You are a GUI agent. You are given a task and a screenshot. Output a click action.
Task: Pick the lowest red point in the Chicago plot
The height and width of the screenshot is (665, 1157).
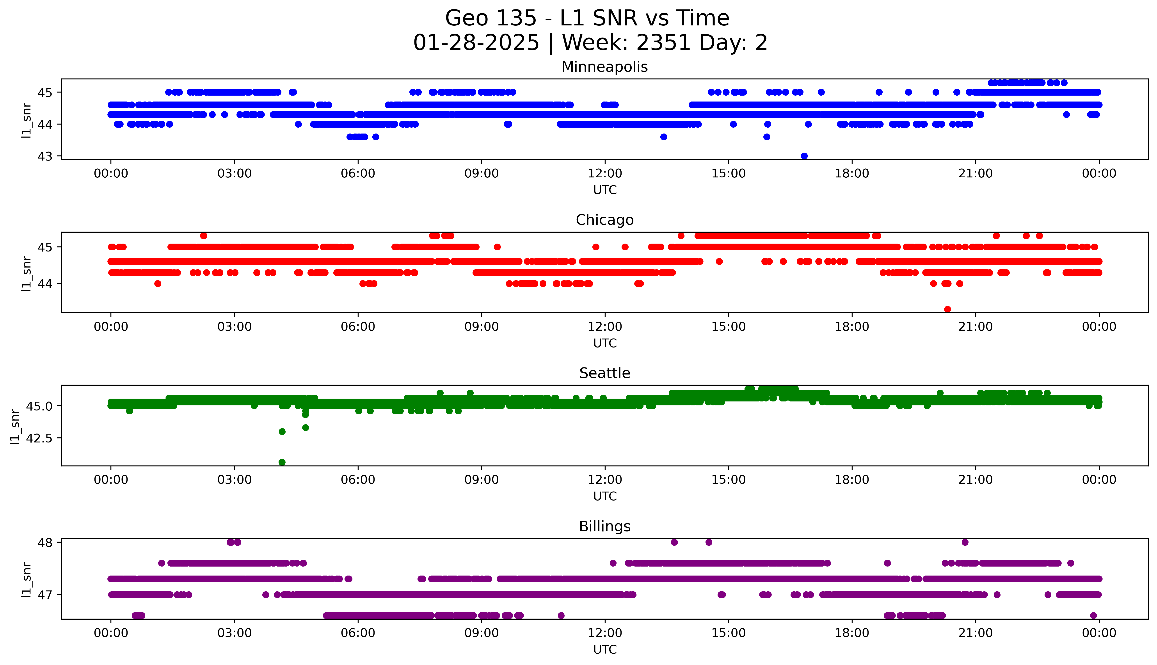pos(947,309)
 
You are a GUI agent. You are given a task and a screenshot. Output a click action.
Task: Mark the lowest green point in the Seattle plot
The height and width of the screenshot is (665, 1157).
pos(282,462)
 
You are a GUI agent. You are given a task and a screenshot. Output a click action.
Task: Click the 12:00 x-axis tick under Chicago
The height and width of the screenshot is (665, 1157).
pos(605,326)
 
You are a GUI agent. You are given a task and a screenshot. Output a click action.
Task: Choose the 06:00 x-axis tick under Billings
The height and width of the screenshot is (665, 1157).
pos(358,633)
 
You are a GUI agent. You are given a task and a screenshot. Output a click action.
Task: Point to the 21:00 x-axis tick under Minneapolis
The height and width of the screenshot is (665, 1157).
pos(975,174)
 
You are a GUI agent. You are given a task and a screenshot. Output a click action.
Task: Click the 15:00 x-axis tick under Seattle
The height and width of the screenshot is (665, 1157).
pos(729,480)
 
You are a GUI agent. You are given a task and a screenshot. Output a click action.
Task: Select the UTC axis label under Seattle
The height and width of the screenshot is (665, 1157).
pos(605,496)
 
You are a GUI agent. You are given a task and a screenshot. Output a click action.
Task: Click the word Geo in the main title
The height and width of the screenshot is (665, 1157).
pos(467,18)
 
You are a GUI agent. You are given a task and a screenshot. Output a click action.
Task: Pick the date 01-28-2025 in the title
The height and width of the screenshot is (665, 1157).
pos(476,43)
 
